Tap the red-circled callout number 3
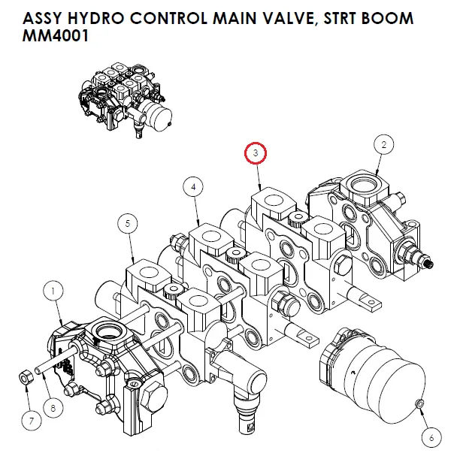pyautogui.click(x=257, y=153)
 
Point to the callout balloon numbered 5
pyautogui.click(x=129, y=223)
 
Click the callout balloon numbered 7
pyautogui.click(x=30, y=421)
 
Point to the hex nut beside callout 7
pyautogui.click(x=24, y=376)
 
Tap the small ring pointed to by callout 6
pyautogui.click(x=419, y=406)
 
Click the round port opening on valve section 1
pyautogui.click(x=103, y=332)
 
